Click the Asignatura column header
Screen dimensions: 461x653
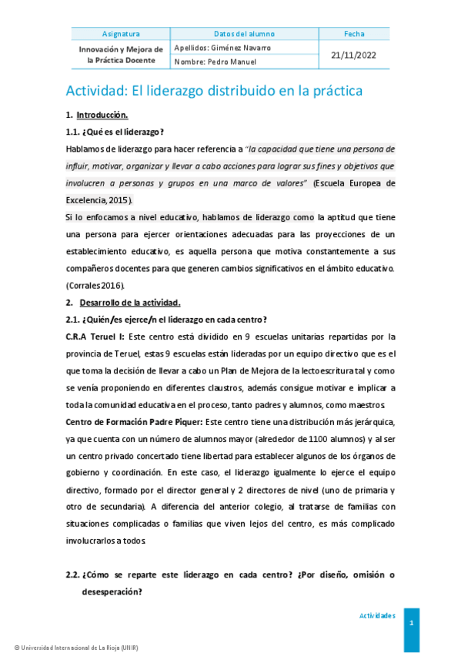[x=121, y=34]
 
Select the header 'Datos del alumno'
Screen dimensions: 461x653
[x=244, y=34]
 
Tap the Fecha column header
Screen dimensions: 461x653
[x=355, y=34]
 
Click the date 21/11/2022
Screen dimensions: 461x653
[x=355, y=55]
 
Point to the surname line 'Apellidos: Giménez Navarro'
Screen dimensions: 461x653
[x=222, y=48]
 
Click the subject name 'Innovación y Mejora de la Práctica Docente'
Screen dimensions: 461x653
[x=121, y=55]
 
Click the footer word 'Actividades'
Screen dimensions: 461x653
[x=377, y=616]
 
